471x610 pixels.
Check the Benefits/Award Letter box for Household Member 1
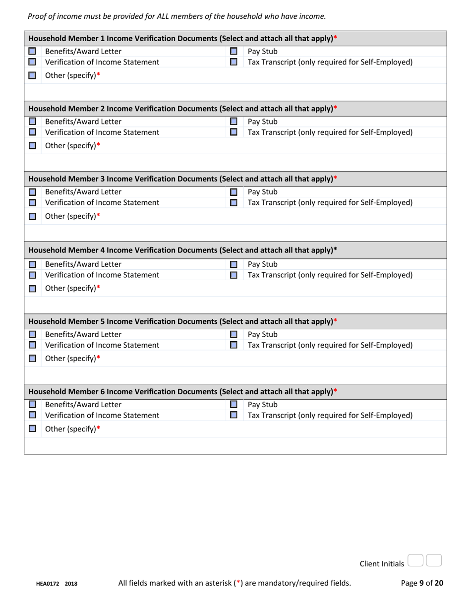pos(31,52)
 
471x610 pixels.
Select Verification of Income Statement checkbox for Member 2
pos(31,132)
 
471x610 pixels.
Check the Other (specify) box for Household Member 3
pos(31,216)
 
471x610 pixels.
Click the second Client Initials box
pos(434,560)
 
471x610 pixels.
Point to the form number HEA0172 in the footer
pos(48,584)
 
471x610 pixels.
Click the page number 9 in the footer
pos(422,583)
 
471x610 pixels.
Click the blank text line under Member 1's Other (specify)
pos(235,91)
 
